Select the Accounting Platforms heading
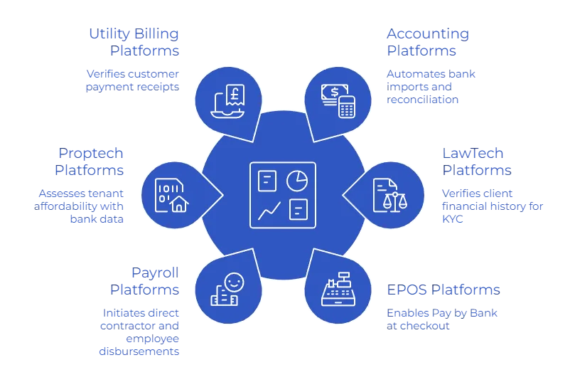click(x=426, y=42)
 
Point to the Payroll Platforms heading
click(x=145, y=280)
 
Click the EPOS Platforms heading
click(x=443, y=290)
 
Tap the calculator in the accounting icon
click(x=346, y=107)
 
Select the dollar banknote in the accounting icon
click(x=331, y=93)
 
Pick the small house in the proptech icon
click(x=179, y=203)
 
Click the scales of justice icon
click(x=391, y=200)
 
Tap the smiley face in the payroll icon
click(x=234, y=282)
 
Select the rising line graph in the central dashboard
click(x=269, y=210)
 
